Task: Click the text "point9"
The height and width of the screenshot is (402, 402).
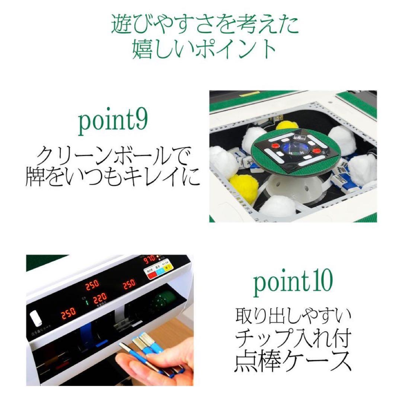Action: coord(113,123)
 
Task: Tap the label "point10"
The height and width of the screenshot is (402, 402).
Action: coord(293,282)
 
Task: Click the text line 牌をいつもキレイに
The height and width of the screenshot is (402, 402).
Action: coord(113,177)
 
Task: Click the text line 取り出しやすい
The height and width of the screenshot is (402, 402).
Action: coord(293,317)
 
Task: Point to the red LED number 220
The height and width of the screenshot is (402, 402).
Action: coord(100,297)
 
